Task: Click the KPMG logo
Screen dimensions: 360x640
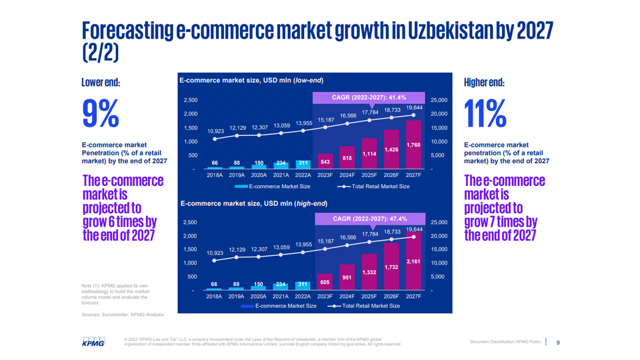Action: pos(93,342)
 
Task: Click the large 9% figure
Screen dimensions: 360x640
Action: pos(100,114)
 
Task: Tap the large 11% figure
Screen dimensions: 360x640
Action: pos(485,114)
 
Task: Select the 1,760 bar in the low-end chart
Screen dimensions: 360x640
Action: pos(413,145)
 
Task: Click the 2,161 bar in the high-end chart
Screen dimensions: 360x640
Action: pos(413,262)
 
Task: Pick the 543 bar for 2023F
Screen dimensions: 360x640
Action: pos(325,162)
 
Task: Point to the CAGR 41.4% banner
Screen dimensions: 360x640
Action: pos(369,98)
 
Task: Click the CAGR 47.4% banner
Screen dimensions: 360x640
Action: pos(370,219)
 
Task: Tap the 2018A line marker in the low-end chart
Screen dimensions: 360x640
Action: pos(215,139)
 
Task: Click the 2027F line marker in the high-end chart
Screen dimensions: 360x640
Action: pos(414,237)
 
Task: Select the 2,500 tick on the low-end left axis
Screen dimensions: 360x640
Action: pos(191,100)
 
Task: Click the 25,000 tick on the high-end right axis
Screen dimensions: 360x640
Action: pos(439,222)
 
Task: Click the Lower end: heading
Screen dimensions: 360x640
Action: pos(101,82)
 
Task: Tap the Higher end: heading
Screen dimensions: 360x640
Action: pos(484,82)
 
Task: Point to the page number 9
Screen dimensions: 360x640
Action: pos(558,342)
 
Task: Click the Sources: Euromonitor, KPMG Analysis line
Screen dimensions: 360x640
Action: pos(122,315)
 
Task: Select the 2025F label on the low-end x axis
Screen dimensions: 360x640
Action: pos(369,175)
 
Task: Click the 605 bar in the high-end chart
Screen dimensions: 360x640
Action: pos(325,282)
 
